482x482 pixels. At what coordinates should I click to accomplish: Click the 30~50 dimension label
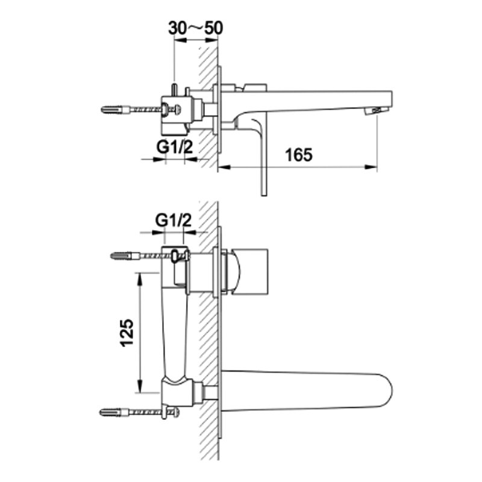point(195,28)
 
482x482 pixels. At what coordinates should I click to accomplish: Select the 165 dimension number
point(299,155)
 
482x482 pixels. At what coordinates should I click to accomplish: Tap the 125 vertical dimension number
point(127,333)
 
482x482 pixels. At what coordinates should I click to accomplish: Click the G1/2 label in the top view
point(174,147)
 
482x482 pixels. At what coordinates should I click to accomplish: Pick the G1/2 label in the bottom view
point(174,220)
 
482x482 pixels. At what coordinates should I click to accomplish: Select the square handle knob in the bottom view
point(249,272)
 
